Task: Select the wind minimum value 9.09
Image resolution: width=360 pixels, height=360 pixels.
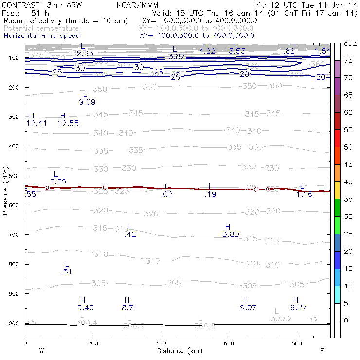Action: (87, 102)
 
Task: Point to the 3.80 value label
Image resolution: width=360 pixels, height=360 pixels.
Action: (231, 234)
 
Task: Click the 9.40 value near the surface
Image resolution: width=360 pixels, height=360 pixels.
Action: (86, 307)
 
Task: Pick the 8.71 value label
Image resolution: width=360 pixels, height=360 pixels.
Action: (130, 307)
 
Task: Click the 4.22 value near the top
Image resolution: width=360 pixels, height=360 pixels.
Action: (207, 51)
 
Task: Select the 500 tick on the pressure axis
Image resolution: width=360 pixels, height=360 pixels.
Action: (13, 176)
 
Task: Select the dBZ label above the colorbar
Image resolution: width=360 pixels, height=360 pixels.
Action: (350, 44)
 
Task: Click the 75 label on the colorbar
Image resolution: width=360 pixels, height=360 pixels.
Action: (348, 61)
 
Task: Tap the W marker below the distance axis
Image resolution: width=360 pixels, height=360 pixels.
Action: (41, 351)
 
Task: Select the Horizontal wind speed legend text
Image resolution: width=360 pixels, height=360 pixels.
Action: (41, 36)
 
